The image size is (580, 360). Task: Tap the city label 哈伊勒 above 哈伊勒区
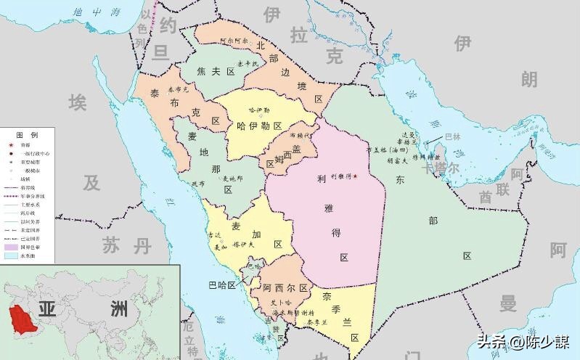258,110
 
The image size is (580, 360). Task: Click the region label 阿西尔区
286,287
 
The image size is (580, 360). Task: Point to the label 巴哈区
222,285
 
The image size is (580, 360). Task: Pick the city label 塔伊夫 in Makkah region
244,245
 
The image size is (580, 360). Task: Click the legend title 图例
28,136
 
